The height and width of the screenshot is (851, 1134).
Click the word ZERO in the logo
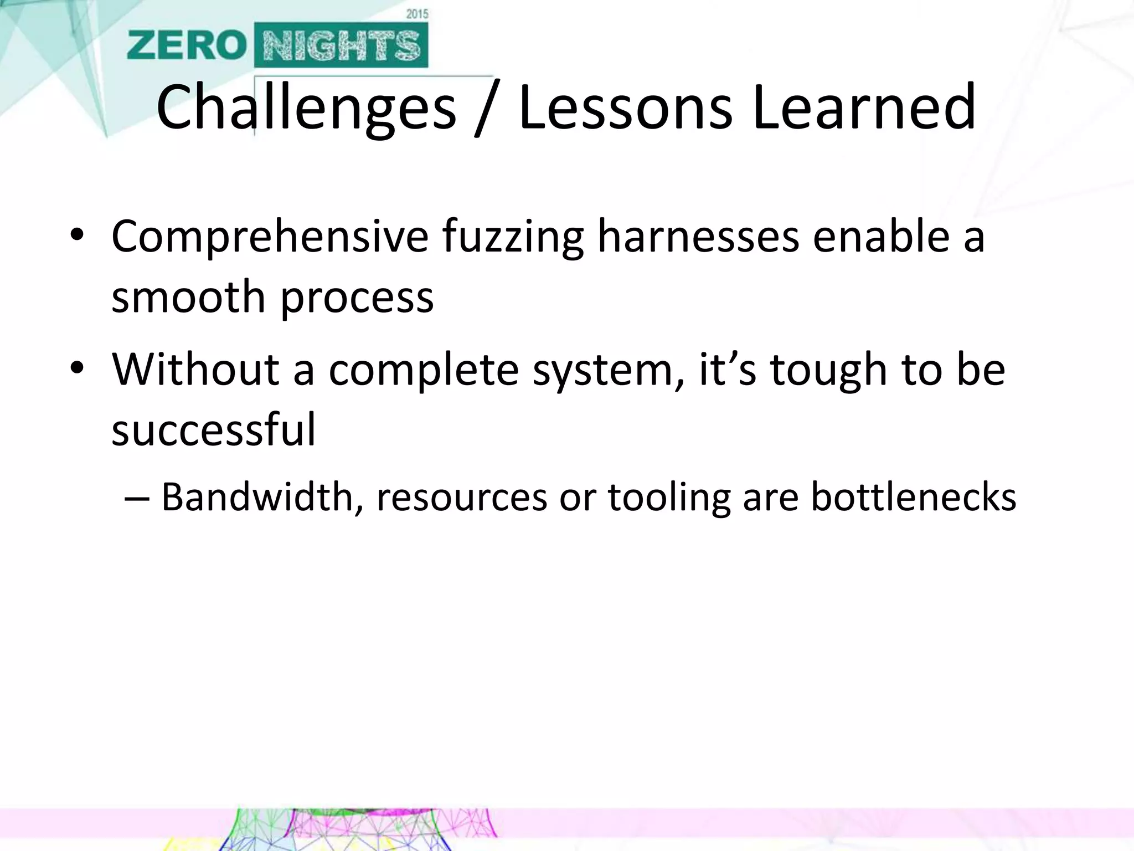tap(186, 45)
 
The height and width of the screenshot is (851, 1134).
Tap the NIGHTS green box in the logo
tap(341, 45)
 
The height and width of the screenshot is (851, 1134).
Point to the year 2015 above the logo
tap(417, 14)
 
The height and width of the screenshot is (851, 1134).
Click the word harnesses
tap(698, 237)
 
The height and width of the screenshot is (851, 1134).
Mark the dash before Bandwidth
tap(137, 498)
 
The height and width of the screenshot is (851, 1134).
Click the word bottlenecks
tap(913, 496)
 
